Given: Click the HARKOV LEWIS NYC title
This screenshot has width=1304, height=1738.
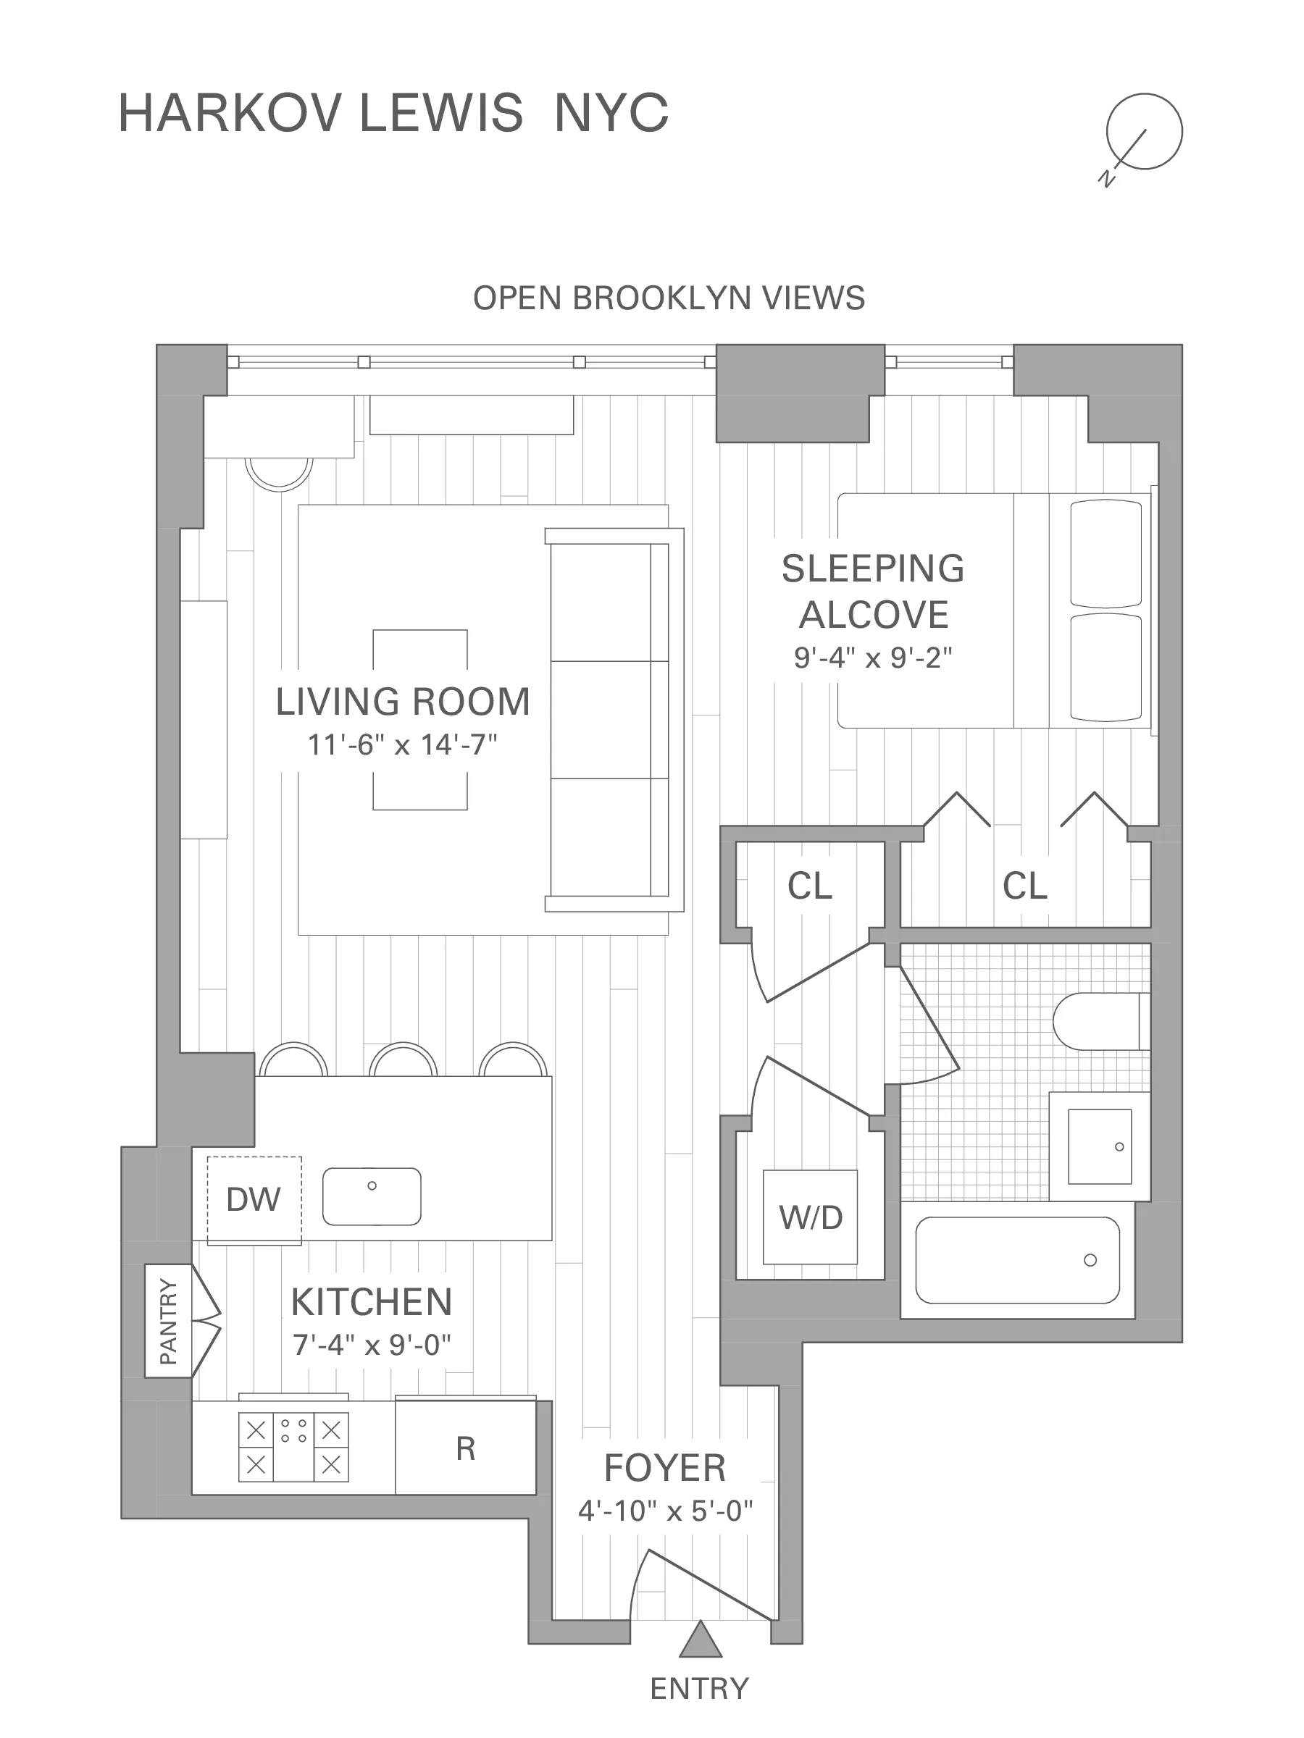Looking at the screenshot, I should coord(393,113).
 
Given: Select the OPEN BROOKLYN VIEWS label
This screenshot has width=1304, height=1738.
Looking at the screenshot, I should coord(669,298).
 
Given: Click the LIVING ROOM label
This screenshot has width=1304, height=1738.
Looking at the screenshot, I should coord(403,702).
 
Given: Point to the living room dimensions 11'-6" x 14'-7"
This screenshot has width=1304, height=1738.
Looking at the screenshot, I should coord(403,744).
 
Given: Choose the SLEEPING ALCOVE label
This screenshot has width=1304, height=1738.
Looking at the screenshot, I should coord(872,591).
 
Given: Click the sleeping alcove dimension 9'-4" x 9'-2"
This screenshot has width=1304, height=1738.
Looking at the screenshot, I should coord(872,658).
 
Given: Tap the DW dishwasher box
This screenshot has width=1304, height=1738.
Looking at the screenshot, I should coord(254,1200).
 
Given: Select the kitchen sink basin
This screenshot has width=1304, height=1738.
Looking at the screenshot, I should coord(372,1196).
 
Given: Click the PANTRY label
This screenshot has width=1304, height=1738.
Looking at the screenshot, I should coord(168,1321).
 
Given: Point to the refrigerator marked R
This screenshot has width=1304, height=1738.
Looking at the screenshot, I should coord(465,1448).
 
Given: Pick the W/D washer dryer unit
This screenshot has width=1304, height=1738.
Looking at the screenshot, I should coord(811,1217).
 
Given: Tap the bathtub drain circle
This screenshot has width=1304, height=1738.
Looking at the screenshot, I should coord(1090,1260).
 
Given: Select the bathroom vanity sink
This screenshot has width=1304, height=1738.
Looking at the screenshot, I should coord(1100,1146).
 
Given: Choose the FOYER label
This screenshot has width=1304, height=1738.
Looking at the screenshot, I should coord(665,1467).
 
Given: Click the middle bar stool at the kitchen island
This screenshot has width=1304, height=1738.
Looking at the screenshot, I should coord(404,1061).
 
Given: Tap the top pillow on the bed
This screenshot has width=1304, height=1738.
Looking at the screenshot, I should coord(1105,553).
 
